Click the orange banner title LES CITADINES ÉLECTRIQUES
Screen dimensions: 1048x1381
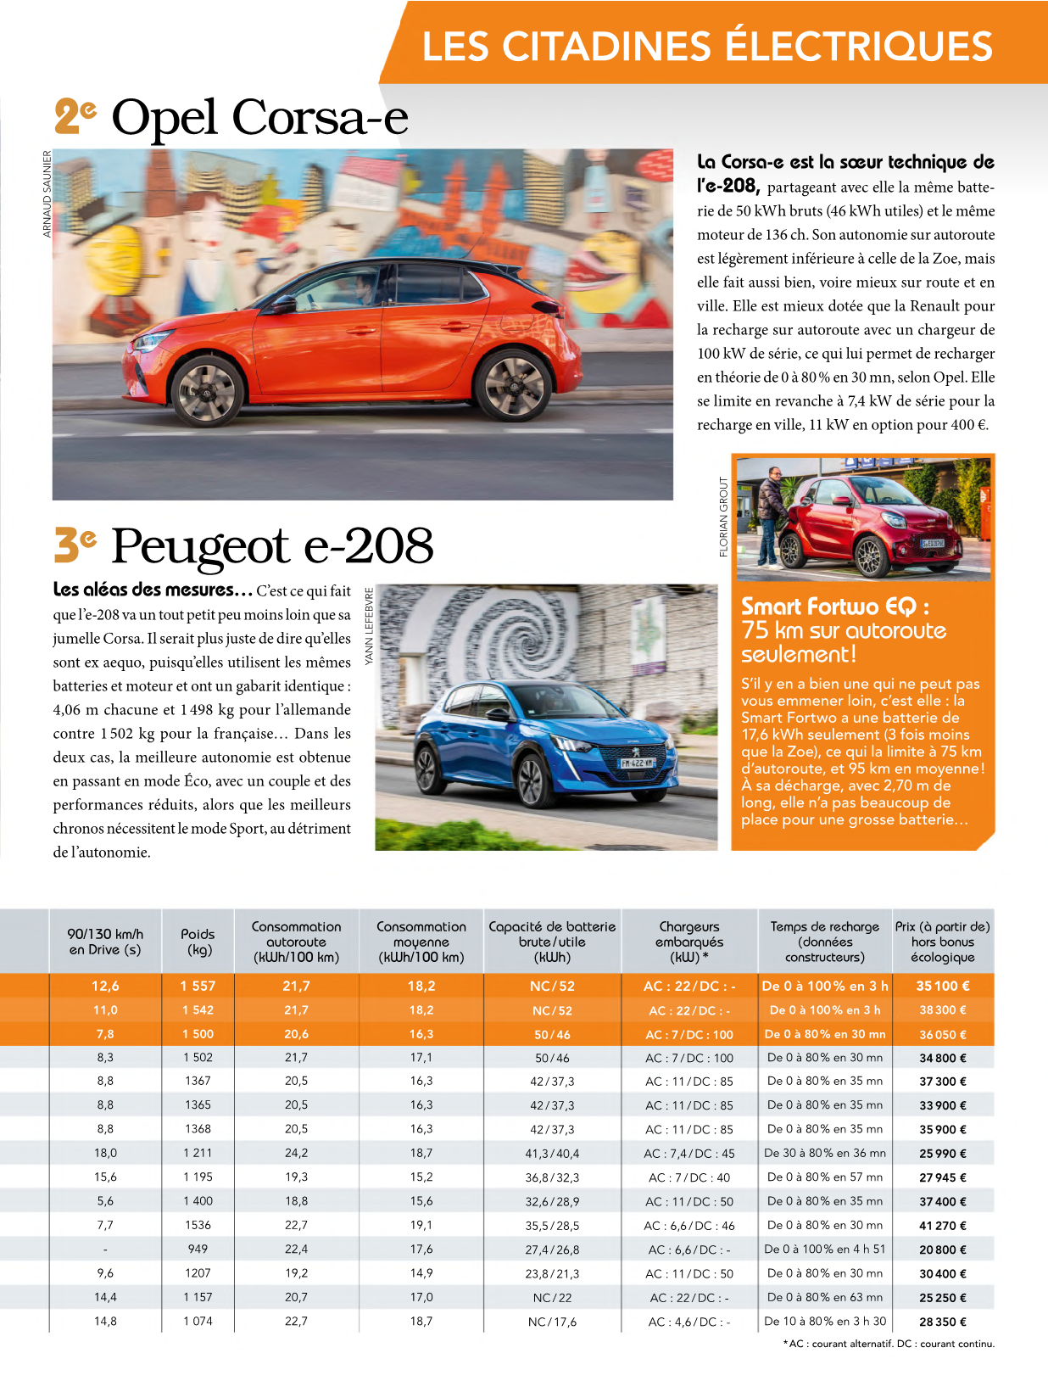pos(707,46)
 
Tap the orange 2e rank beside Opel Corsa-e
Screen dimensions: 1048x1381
pos(75,116)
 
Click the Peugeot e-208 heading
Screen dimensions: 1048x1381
pos(271,545)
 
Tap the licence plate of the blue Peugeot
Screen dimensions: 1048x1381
pos(637,763)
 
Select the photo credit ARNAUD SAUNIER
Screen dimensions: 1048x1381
pos(47,193)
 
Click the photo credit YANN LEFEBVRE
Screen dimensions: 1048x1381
pos(369,627)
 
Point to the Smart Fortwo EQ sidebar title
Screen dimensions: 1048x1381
pos(843,629)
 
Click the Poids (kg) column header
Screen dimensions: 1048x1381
pos(198,942)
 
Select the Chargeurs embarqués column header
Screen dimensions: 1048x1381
pos(689,942)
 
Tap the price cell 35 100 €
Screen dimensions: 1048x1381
pos(943,986)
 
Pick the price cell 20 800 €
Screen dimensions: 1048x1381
pos(943,1250)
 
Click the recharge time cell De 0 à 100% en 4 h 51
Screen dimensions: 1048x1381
pos(825,1250)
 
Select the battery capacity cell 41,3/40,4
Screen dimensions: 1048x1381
pos(552,1154)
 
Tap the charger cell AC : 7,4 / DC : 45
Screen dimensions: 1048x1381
pos(689,1154)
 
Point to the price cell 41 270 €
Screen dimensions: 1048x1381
pos(943,1226)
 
